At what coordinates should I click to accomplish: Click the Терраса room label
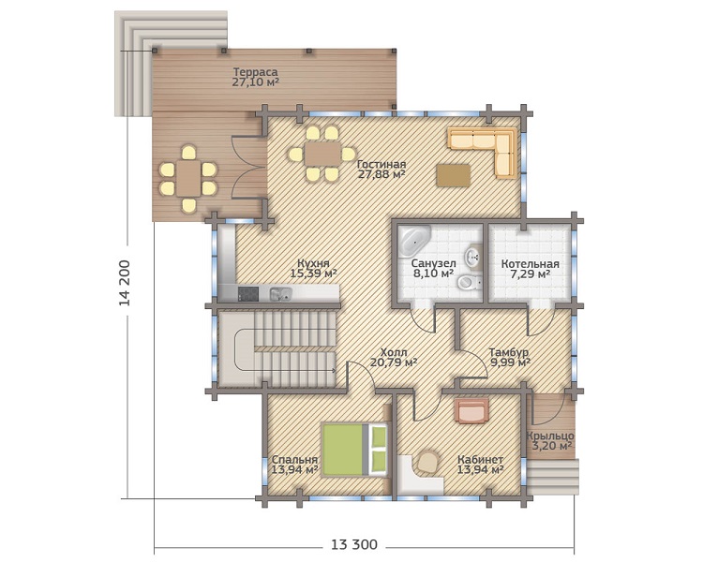(255, 77)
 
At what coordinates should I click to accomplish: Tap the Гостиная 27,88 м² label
(381, 170)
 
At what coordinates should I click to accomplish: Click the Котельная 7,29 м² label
(530, 269)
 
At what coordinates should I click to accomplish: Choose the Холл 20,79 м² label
(394, 357)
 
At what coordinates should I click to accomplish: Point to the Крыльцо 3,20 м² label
(550, 440)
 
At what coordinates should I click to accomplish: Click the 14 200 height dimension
(125, 283)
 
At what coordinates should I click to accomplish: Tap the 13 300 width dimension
(354, 545)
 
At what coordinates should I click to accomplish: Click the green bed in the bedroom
(354, 450)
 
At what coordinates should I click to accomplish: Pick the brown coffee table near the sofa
(454, 175)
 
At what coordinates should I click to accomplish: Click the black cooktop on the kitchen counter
(248, 293)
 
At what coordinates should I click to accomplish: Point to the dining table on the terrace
(188, 178)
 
